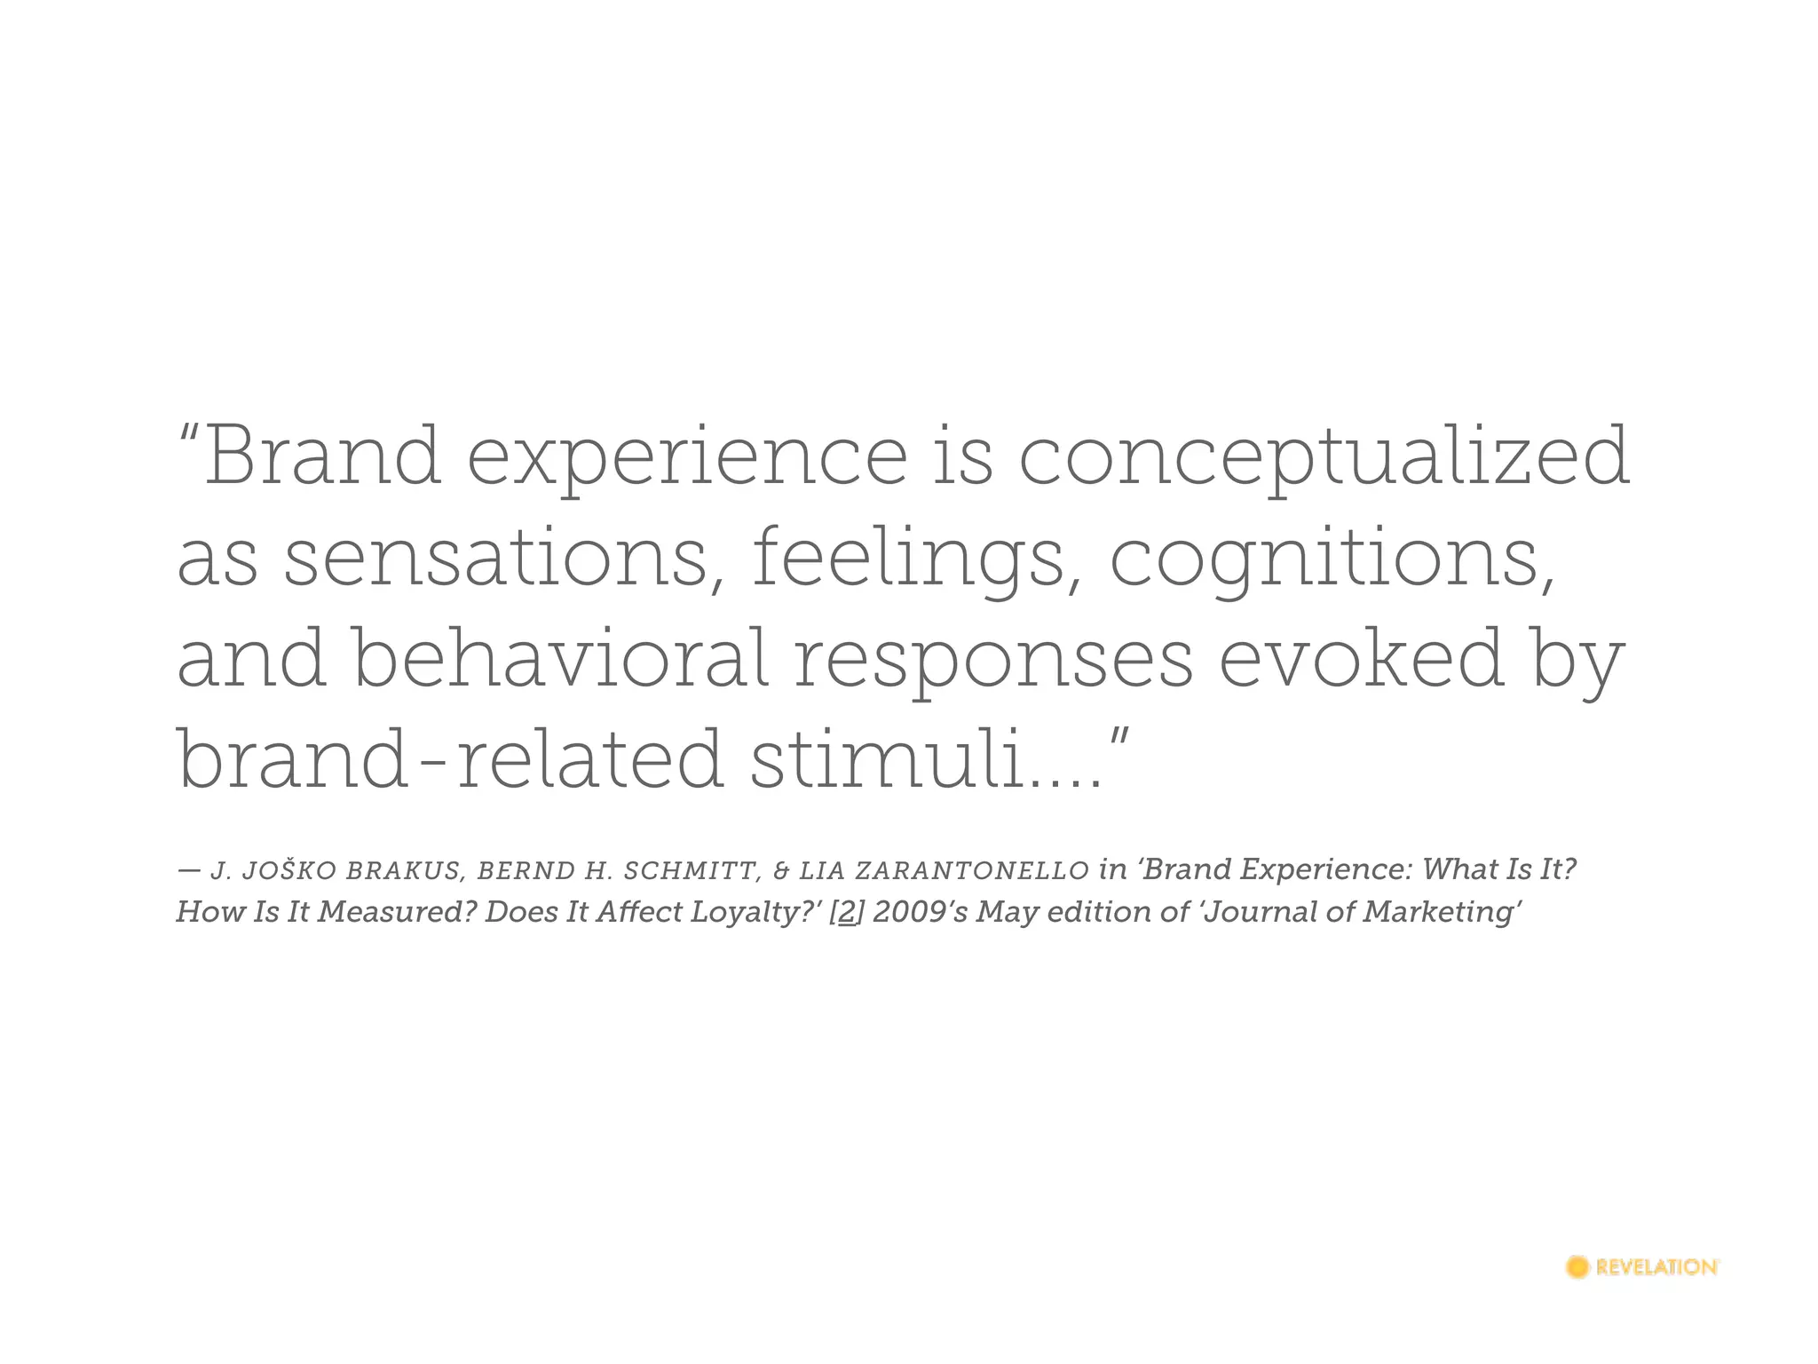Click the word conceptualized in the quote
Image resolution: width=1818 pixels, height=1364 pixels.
click(x=1323, y=458)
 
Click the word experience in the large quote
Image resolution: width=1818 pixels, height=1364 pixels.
click(x=686, y=458)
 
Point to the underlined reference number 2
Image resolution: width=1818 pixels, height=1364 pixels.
click(x=845, y=913)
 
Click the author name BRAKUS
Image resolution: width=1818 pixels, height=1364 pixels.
click(x=404, y=871)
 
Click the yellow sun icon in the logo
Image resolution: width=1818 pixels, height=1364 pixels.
click(x=1577, y=1267)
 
